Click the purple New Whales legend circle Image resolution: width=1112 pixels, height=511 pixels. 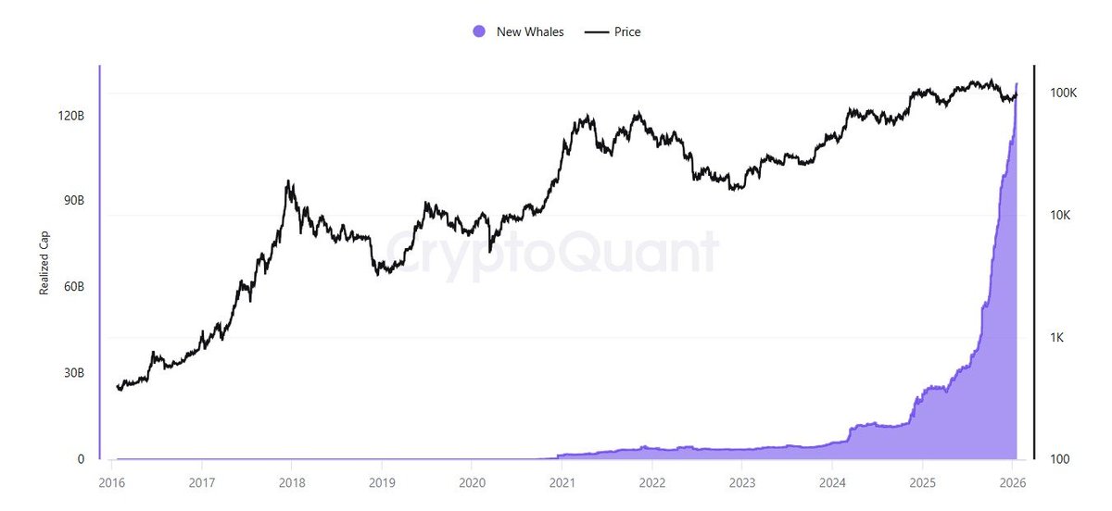(479, 31)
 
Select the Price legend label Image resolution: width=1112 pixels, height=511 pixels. (627, 31)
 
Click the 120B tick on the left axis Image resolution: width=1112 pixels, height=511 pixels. (70, 116)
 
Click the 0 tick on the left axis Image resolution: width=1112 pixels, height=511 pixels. (81, 459)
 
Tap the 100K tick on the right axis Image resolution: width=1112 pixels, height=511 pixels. (1062, 93)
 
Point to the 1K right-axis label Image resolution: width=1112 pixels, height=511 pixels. (1057, 337)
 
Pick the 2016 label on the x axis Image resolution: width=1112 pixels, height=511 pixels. (111, 482)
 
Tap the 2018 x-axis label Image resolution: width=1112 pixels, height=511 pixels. (291, 482)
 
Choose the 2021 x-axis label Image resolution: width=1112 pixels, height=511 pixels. (562, 482)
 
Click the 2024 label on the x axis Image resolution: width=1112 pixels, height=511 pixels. (832, 482)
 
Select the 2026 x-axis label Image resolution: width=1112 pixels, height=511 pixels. (1012, 482)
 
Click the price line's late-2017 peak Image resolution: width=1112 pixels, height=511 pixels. (289, 181)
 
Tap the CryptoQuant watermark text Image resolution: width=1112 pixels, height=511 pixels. (551, 252)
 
